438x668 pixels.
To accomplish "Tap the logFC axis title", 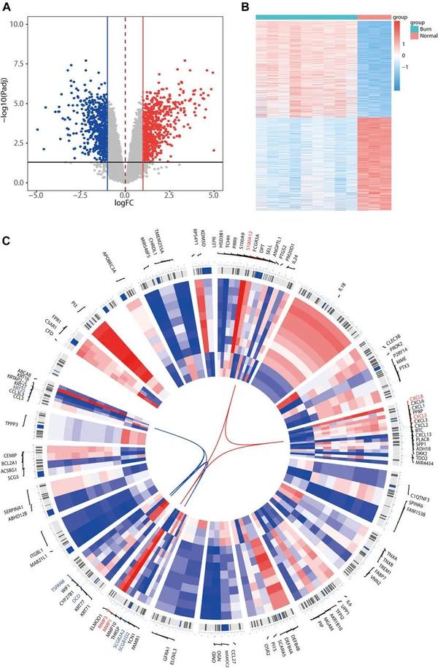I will (x=125, y=207).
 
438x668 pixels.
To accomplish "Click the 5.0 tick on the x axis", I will (x=213, y=196).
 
